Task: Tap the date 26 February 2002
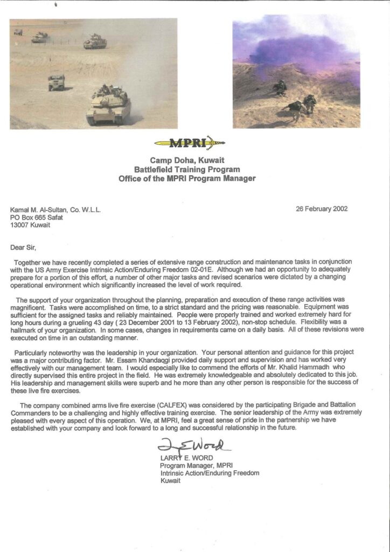point(322,208)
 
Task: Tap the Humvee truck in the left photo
point(56,82)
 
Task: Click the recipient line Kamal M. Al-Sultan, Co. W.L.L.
point(55,209)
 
